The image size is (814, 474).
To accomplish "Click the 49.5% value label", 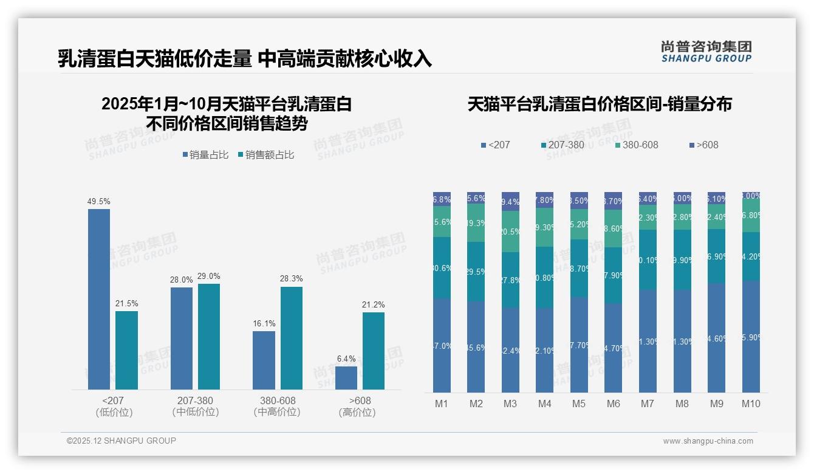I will point(99,201).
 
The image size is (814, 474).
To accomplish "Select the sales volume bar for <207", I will point(99,299).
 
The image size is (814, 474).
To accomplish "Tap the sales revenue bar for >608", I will point(374,351).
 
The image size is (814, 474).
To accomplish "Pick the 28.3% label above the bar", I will point(292,279).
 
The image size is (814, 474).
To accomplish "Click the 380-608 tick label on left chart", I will point(278,401).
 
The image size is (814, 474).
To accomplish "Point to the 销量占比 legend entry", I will point(205,155).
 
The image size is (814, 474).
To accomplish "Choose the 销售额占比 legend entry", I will point(266,155).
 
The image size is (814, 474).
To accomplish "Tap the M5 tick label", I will point(579,404).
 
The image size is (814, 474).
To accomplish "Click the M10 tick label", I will point(751,404).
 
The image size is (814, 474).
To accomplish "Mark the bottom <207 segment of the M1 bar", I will point(442,345).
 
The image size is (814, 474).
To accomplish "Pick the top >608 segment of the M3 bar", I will point(510,201).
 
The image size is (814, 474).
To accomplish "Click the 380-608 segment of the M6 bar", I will point(614,228).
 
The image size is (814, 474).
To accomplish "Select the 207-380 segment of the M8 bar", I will point(682,259).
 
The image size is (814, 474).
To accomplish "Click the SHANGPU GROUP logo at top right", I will point(706,52).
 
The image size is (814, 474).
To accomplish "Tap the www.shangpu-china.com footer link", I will point(708,441).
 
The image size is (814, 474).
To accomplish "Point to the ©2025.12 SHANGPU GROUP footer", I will point(121,441).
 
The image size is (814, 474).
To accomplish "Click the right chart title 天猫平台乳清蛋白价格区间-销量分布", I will point(600,105).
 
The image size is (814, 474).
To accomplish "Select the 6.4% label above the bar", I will point(346,359).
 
